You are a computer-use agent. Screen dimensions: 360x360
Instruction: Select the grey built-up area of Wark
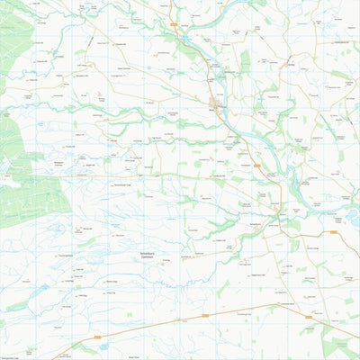click(x=216, y=103)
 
